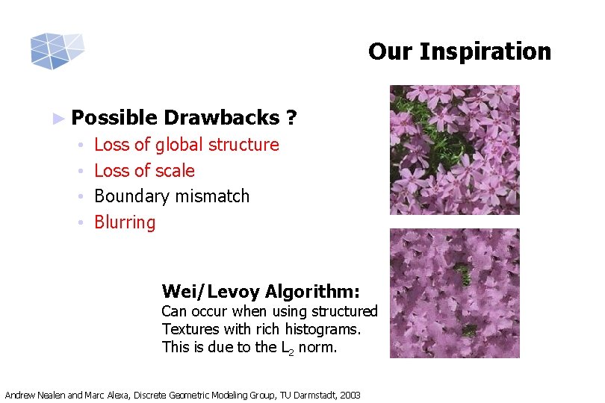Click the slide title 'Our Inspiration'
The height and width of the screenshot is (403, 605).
(x=459, y=51)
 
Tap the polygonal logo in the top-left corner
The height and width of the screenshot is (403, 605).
(x=56, y=51)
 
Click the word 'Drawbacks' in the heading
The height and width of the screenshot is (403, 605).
(x=220, y=118)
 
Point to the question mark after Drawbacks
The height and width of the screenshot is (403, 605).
(x=291, y=118)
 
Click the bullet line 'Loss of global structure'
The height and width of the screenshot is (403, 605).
(x=186, y=145)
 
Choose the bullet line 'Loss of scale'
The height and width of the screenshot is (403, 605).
(x=144, y=171)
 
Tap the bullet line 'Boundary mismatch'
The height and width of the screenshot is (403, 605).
(x=172, y=196)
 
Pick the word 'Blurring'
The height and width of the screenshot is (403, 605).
(x=125, y=222)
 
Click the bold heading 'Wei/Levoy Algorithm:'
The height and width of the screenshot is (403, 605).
(x=261, y=291)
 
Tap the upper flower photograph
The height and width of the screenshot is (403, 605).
(x=454, y=150)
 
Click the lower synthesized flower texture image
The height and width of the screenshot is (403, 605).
(x=454, y=293)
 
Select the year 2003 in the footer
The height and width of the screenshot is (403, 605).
(x=349, y=395)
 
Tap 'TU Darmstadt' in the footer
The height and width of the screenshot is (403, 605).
(x=306, y=395)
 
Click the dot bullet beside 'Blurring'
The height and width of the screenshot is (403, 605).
(x=80, y=223)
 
